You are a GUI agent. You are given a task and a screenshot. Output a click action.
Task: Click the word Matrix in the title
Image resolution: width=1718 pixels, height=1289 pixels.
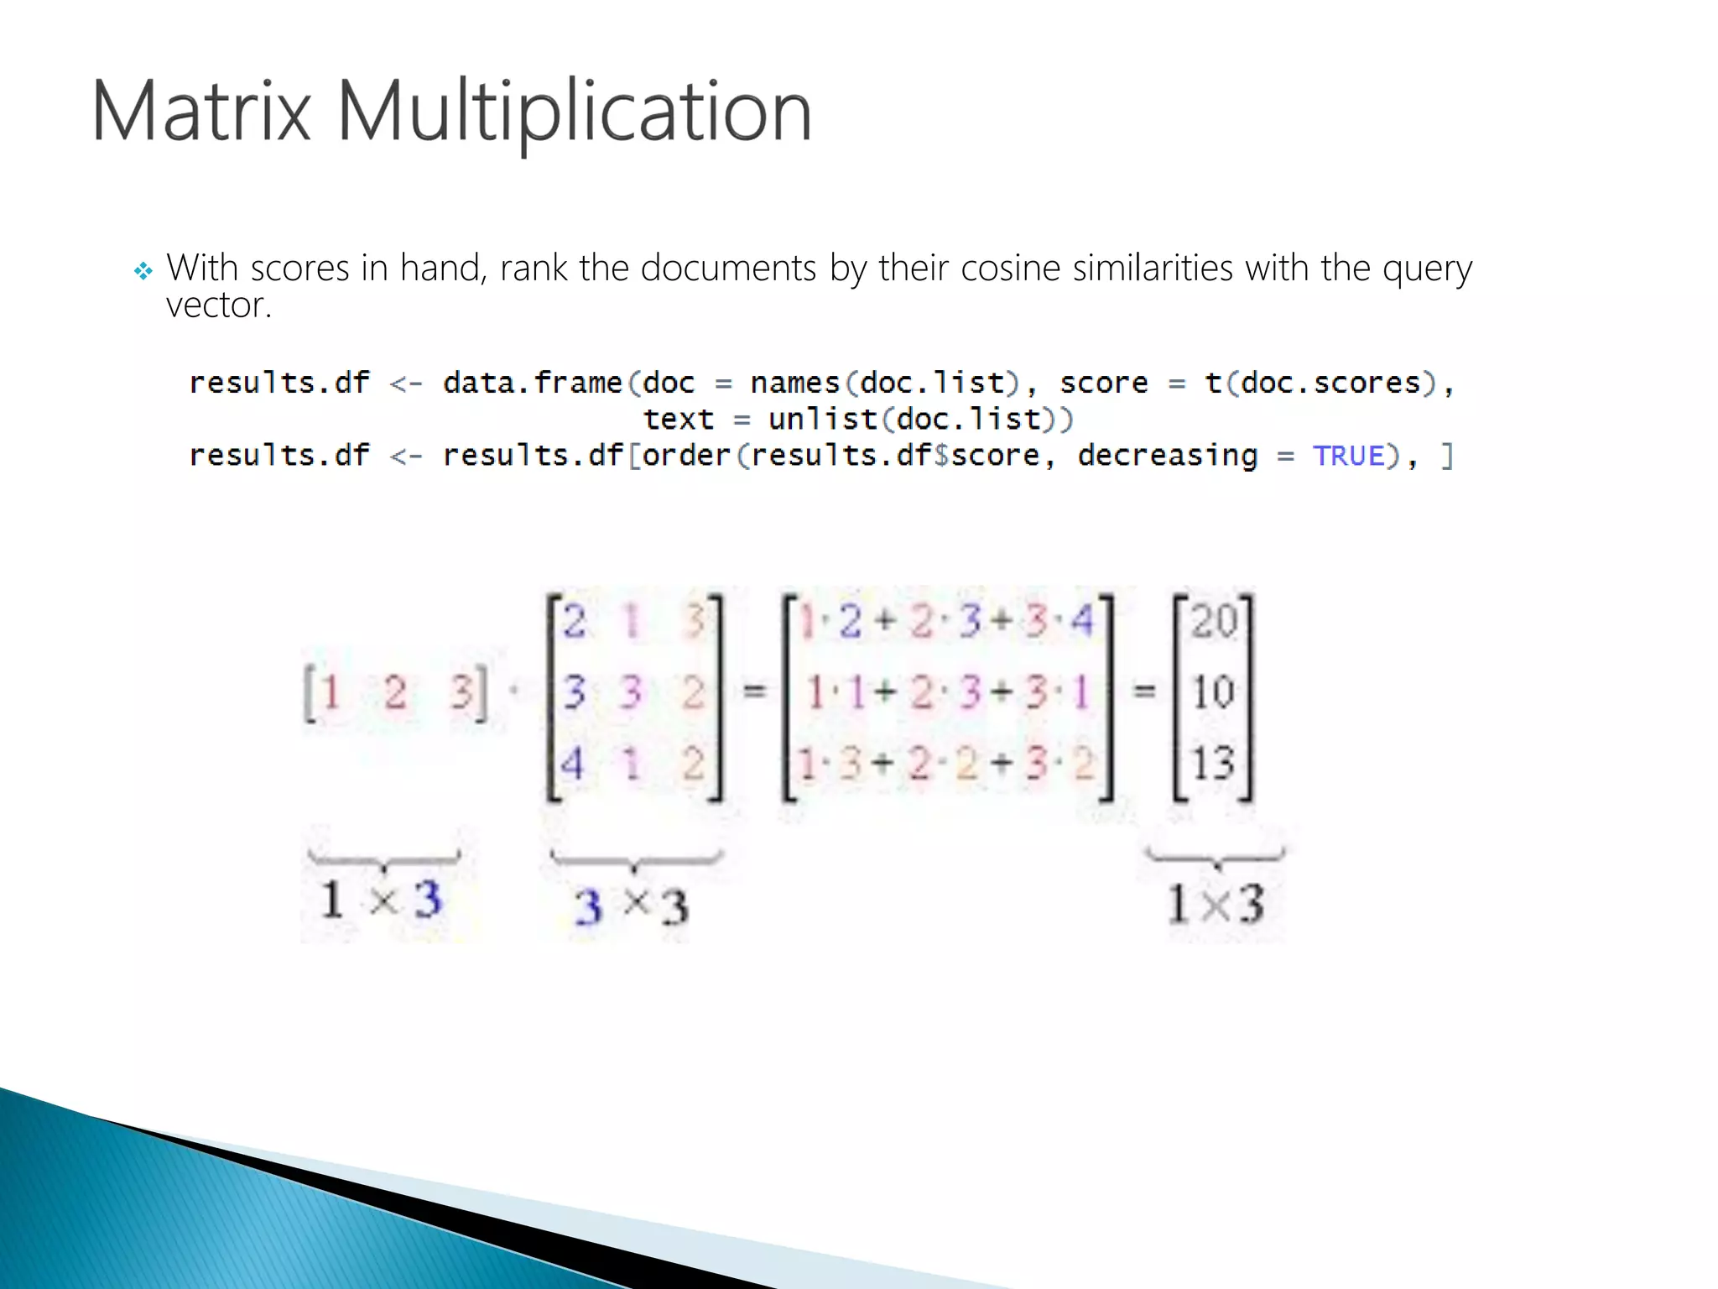coord(201,112)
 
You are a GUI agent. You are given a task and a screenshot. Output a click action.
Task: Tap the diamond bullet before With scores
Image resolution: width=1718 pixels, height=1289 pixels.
coord(143,271)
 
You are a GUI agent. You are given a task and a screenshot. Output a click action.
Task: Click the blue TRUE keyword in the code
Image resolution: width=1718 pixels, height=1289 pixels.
coord(1349,456)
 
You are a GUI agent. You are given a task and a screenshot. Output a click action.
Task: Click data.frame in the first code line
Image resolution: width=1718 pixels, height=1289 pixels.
coord(533,383)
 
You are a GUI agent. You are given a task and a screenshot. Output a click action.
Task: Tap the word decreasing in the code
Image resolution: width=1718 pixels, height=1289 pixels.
coord(1167,456)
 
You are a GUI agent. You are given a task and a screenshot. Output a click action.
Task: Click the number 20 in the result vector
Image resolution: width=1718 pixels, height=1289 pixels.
coord(1214,622)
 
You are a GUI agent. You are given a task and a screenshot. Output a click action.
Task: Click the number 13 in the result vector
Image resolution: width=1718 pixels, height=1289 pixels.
coord(1214,764)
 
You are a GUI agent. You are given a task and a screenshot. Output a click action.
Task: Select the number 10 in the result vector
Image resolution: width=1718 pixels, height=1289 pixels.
coord(1214,693)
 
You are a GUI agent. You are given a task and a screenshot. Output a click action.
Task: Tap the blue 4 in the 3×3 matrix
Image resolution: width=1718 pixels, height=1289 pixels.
coord(572,764)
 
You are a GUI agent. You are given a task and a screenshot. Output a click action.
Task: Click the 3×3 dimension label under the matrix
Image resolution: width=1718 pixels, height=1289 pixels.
coord(632,906)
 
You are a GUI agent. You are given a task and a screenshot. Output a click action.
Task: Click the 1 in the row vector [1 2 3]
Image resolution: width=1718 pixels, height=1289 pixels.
coord(331,693)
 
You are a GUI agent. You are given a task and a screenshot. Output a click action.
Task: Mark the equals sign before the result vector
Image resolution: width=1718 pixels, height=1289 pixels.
coord(1144,691)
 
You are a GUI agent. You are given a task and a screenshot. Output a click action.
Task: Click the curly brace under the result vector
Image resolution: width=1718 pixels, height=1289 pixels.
coord(1216,858)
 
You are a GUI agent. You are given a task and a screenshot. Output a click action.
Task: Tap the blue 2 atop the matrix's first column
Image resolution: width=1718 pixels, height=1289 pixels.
coord(575,622)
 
